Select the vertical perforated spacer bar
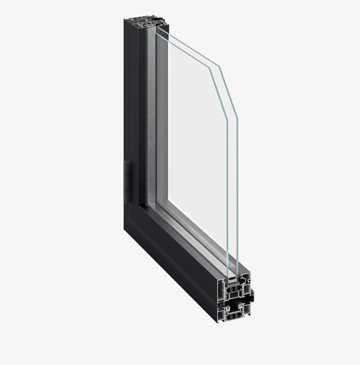click(151, 116)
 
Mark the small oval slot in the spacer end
click(232, 278)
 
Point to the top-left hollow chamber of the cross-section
click(220, 289)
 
